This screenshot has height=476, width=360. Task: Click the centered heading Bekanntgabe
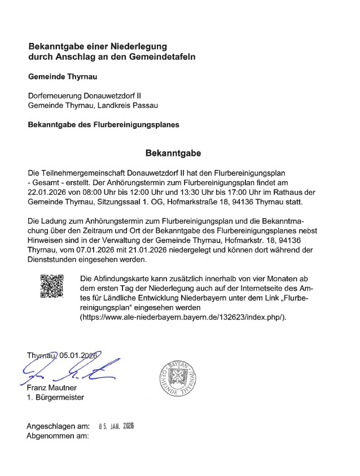173,153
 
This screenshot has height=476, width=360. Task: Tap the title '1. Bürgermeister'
55,398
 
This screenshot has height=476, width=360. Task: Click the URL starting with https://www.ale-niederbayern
184,317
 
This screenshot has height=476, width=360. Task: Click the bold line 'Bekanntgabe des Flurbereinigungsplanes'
104,125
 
